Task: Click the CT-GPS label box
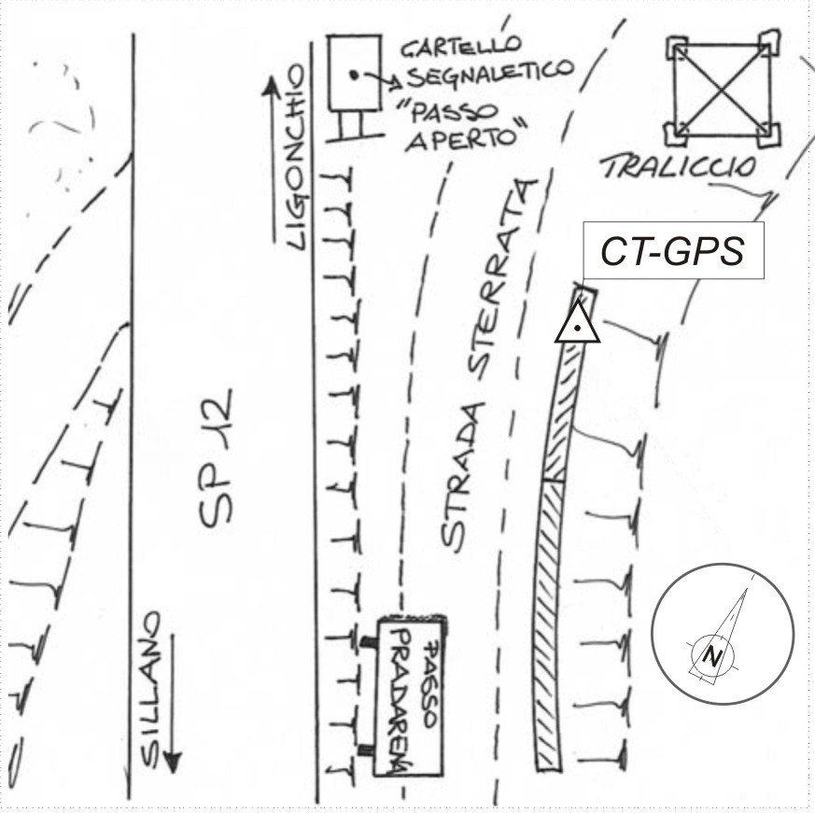click(673, 251)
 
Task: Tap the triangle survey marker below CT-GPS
click(578, 325)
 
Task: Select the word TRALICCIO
click(678, 168)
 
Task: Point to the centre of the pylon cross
click(724, 88)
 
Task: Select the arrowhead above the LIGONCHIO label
click(272, 90)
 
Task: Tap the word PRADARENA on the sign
click(400, 700)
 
